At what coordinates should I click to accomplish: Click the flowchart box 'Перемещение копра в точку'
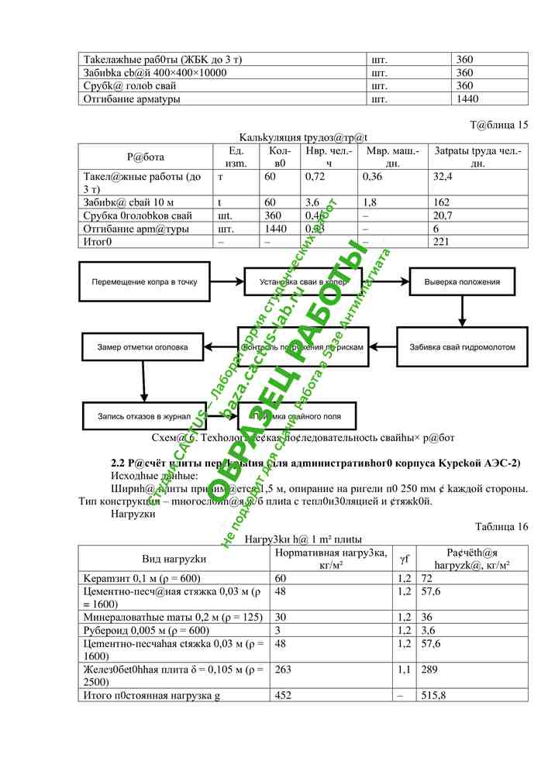[x=144, y=282]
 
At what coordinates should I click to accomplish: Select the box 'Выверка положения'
[x=461, y=282]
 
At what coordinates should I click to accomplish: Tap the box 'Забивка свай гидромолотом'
[x=462, y=347]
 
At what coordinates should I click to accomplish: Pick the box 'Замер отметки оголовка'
[x=142, y=347]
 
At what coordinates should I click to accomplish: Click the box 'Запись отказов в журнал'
[x=143, y=416]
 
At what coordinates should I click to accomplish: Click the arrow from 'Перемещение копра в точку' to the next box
[x=226, y=282]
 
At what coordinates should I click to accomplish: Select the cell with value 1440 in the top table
[x=467, y=99]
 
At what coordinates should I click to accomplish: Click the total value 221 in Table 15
[x=442, y=242]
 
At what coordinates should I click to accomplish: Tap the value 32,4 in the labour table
[x=443, y=177]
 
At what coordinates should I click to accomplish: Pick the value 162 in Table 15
[x=442, y=202]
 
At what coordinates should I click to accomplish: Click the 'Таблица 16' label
[x=501, y=527]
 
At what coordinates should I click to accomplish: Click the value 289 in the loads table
[x=430, y=669]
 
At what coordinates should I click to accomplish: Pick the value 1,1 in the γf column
[x=404, y=669]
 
